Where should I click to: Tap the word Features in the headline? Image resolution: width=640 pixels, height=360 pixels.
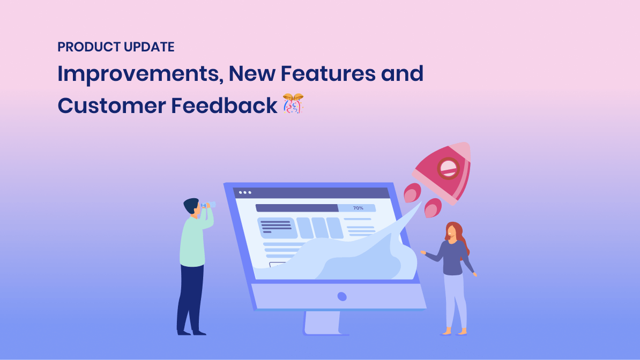coord(328,73)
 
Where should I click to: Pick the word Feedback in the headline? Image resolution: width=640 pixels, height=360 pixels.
coord(224,106)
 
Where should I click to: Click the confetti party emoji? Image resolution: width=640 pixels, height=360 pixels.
coord(293,103)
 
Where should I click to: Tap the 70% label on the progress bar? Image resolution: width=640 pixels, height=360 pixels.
coord(358,208)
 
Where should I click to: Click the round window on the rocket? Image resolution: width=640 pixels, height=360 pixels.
coord(448,168)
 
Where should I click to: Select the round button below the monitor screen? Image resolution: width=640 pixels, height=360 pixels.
coord(342,297)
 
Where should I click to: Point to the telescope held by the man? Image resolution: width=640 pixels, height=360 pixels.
coord(208,205)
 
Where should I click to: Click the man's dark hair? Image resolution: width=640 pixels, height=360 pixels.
coord(191,205)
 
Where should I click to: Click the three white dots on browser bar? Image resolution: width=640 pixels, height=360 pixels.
coord(245,193)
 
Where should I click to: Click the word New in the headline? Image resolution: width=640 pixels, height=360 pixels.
coord(252,73)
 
